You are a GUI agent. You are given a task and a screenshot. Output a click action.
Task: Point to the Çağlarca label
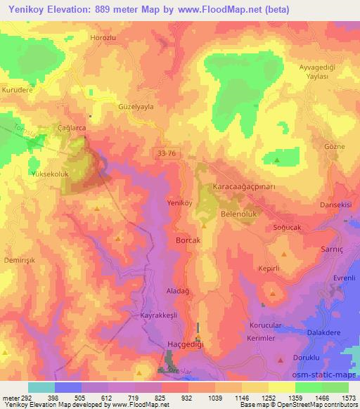tap(71, 129)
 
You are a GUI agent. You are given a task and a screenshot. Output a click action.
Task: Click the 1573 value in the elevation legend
tap(345, 398)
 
